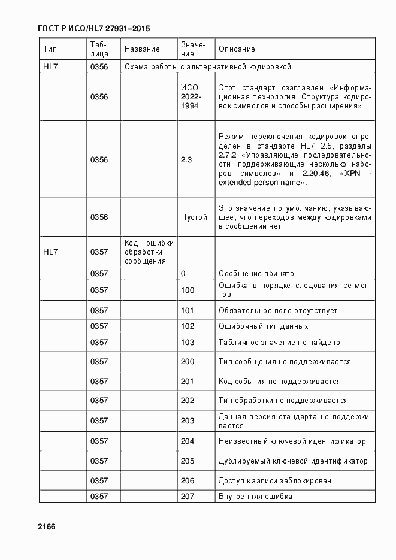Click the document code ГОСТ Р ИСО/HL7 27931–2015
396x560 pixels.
(x=93, y=28)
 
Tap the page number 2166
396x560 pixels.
(x=46, y=526)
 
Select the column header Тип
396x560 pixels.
(x=49, y=49)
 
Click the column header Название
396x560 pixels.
(x=142, y=49)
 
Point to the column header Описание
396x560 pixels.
(x=237, y=49)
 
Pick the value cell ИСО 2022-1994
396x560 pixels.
(x=191, y=96)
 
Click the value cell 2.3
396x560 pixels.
(x=186, y=160)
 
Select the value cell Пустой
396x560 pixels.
(x=194, y=217)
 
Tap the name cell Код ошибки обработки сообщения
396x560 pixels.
(x=149, y=252)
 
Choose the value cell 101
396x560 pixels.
(x=188, y=311)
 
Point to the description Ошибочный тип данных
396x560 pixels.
(x=264, y=326)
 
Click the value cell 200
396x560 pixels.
(x=188, y=362)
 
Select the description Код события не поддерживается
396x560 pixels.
(x=279, y=382)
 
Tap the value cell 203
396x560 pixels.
(x=188, y=421)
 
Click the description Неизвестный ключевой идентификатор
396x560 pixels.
(x=292, y=441)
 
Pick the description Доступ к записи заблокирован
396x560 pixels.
(x=275, y=481)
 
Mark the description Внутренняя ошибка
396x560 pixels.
(x=255, y=497)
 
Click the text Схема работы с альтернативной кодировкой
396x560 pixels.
(x=207, y=67)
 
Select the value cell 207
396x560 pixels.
(x=188, y=497)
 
